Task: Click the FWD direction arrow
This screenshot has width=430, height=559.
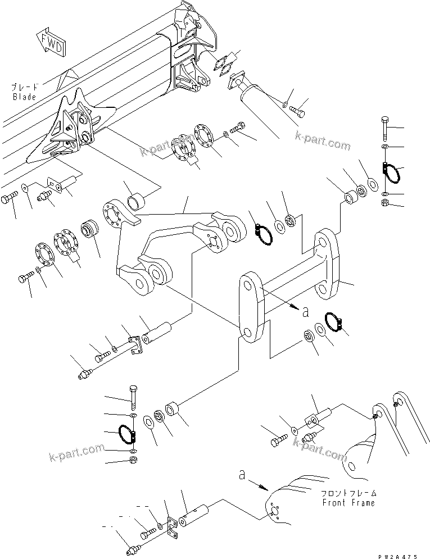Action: [x=49, y=43]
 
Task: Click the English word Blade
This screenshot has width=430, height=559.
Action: [x=25, y=97]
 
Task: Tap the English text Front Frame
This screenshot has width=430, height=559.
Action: [x=348, y=503]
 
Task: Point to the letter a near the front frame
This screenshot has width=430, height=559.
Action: [x=242, y=475]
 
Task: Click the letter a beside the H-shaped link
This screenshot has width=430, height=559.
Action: [x=305, y=311]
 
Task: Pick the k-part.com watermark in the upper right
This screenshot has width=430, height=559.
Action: [x=322, y=141]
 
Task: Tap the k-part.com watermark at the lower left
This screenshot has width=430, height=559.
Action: [x=76, y=449]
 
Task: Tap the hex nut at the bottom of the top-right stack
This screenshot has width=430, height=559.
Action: [x=384, y=203]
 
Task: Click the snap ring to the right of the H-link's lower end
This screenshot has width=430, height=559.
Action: [x=334, y=322]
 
